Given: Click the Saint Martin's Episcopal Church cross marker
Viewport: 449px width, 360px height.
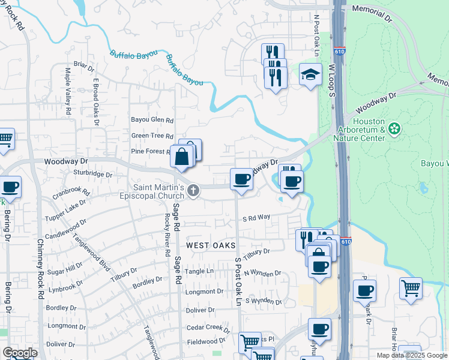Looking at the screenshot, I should tap(193, 191).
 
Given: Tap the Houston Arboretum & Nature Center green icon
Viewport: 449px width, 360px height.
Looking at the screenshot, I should tap(394, 128).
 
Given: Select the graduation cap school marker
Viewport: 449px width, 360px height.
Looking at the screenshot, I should tap(310, 75).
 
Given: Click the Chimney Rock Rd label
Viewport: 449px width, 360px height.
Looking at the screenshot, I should tap(40, 270).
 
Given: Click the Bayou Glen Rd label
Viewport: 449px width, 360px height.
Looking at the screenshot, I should tap(152, 119).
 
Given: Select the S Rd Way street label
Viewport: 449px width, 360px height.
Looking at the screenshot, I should tap(256, 218).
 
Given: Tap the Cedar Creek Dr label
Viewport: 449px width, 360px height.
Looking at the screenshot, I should tap(208, 328).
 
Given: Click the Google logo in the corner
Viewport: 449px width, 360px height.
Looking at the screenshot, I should tap(19, 353).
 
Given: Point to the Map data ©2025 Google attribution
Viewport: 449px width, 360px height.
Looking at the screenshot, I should tap(412, 355).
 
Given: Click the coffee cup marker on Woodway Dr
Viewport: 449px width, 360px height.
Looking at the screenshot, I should tap(241, 179).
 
